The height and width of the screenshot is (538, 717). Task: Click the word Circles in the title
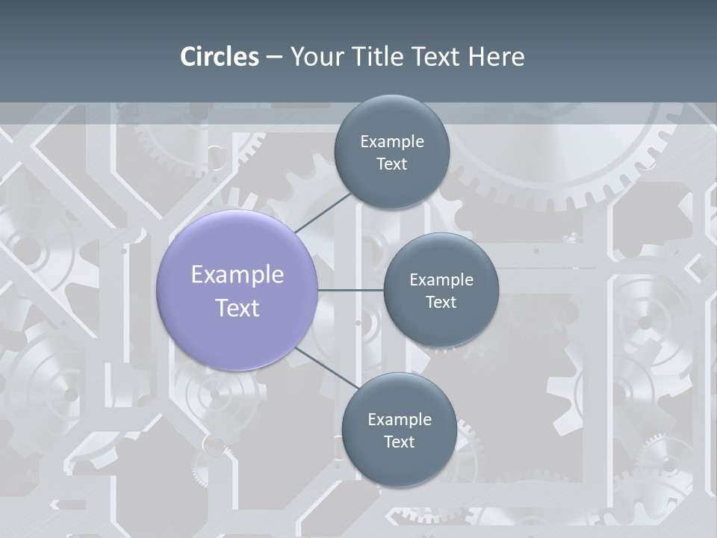click(x=220, y=57)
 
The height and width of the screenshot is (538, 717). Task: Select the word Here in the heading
click(x=496, y=57)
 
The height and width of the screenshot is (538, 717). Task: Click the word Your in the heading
click(x=314, y=57)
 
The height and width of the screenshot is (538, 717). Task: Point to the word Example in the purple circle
click(x=237, y=275)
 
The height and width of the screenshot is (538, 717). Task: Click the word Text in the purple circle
click(x=237, y=308)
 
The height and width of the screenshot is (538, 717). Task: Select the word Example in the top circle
click(x=391, y=142)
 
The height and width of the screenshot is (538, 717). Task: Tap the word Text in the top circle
click(x=391, y=164)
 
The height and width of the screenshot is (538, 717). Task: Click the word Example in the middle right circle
click(x=441, y=280)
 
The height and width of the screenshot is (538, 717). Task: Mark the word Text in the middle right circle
click(x=441, y=303)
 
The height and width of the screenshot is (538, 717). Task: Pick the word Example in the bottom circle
click(x=399, y=420)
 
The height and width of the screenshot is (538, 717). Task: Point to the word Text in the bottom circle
click(x=399, y=442)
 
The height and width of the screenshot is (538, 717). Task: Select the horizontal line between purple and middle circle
click(x=350, y=290)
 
